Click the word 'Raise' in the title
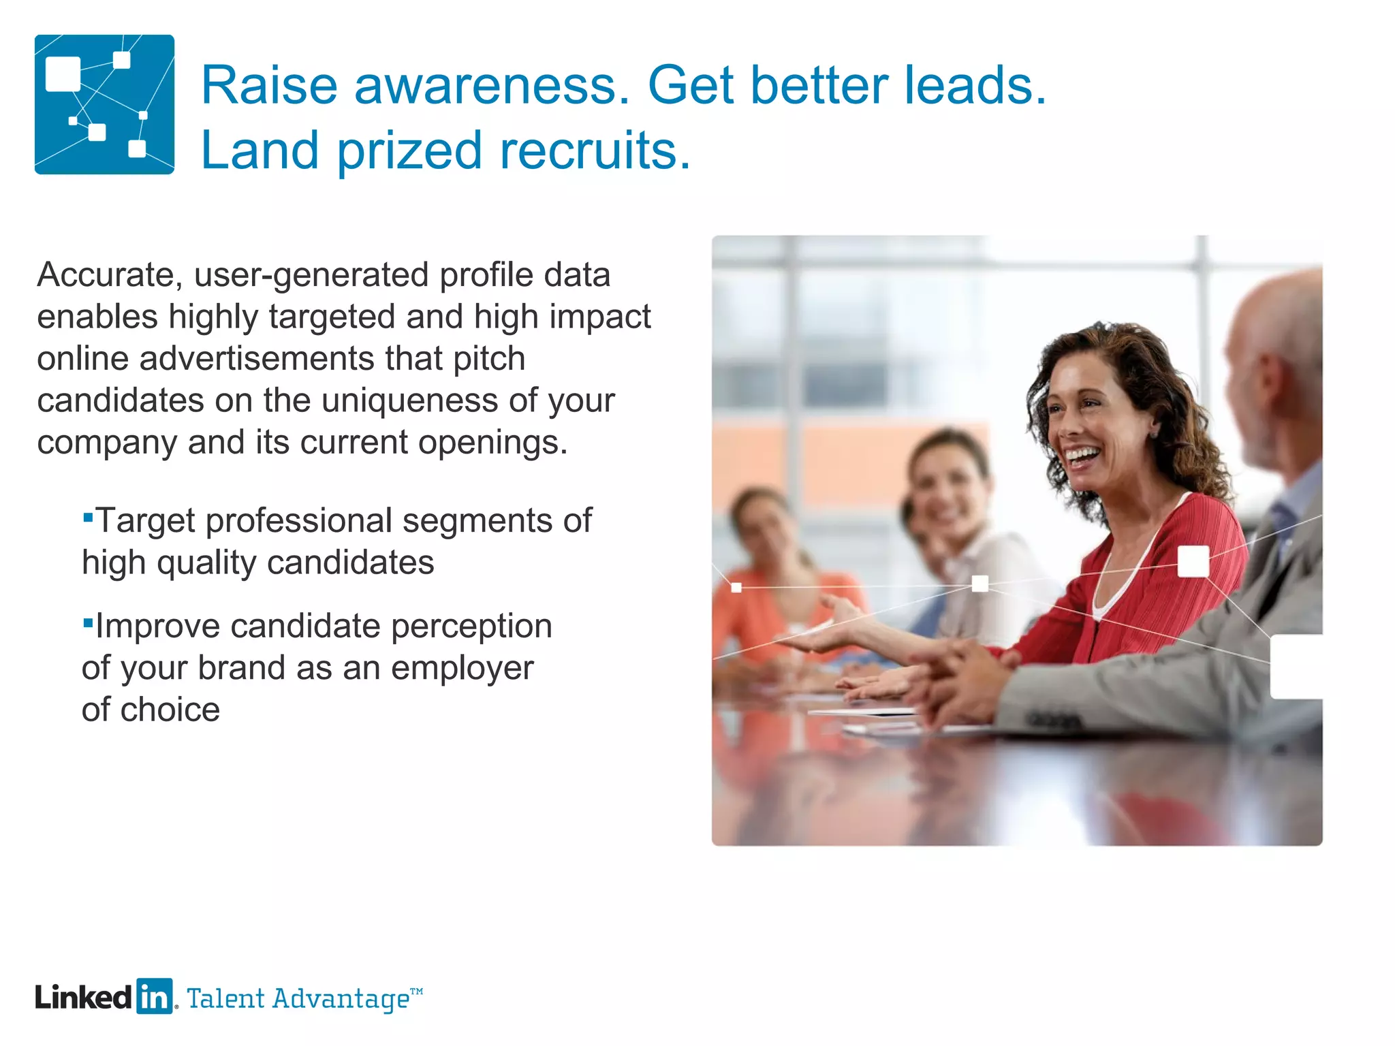[269, 86]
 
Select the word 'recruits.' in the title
[595, 150]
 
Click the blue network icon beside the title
[104, 104]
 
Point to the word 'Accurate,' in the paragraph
[109, 276]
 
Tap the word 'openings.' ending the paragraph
[492, 443]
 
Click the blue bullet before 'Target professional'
[87, 518]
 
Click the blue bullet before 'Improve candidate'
[87, 622]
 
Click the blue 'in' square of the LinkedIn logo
[154, 997]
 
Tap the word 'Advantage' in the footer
[340, 999]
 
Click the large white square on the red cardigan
[1193, 561]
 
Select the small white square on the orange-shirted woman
[736, 587]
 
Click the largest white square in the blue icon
[63, 74]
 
